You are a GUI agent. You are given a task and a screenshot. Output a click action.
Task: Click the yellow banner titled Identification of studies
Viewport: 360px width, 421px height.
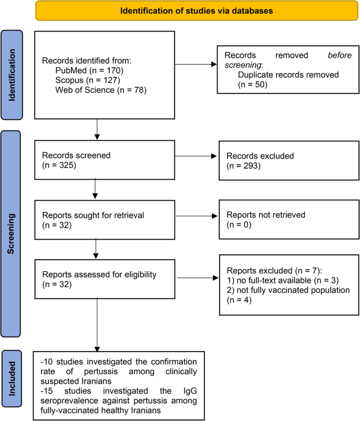[x=193, y=11]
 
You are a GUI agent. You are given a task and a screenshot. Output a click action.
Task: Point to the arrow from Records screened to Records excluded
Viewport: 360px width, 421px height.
[x=195, y=156]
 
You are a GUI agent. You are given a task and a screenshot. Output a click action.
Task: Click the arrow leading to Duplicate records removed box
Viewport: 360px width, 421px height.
[x=195, y=65]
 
